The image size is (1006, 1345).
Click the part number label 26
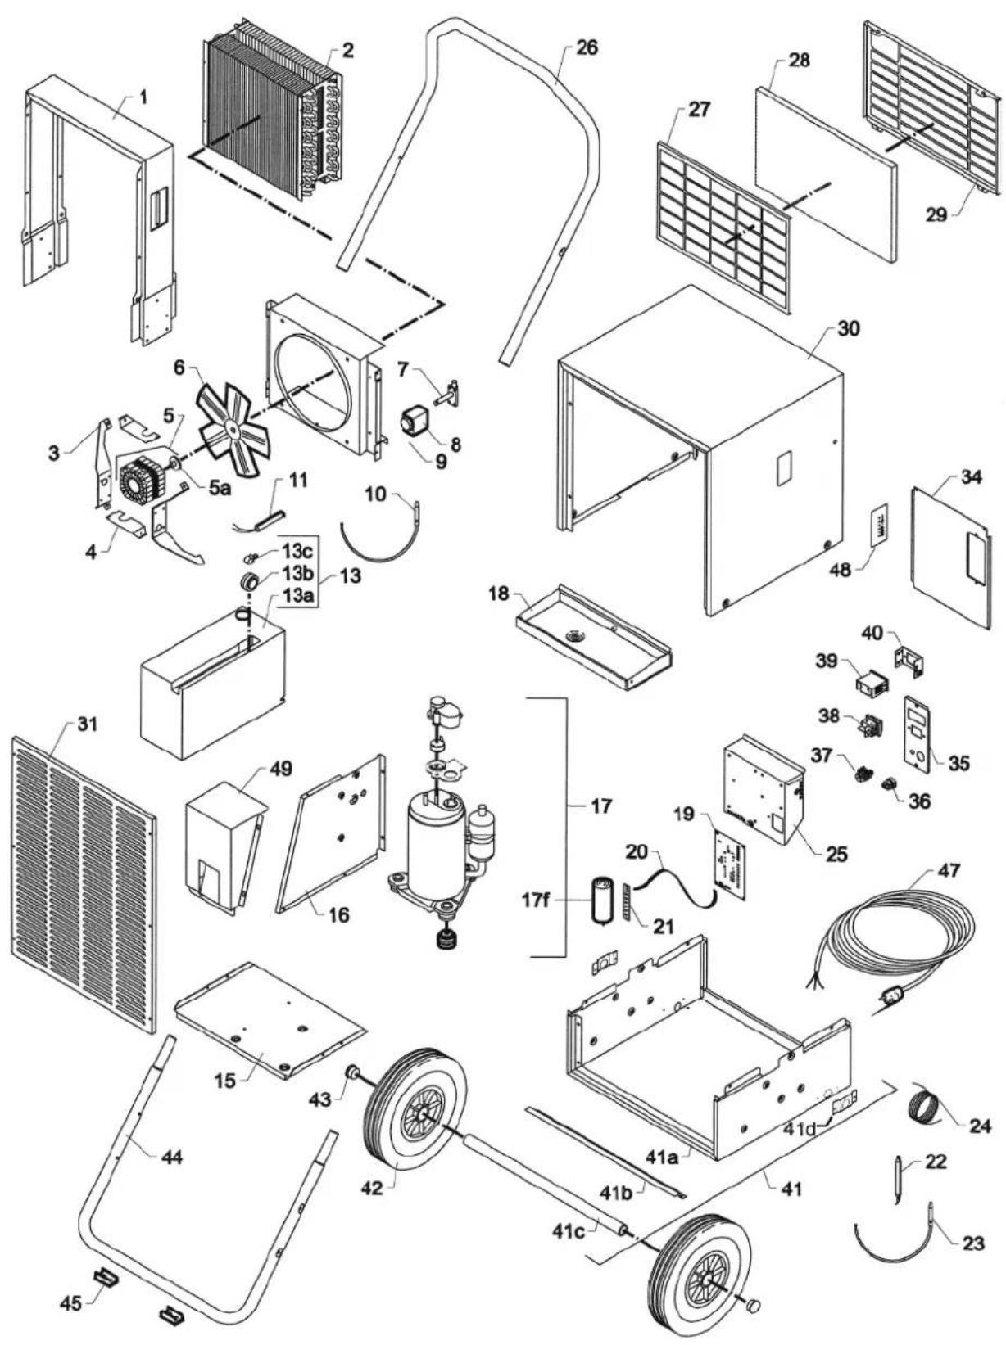586,47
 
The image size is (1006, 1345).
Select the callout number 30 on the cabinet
849,329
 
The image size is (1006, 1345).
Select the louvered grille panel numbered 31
84,896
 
